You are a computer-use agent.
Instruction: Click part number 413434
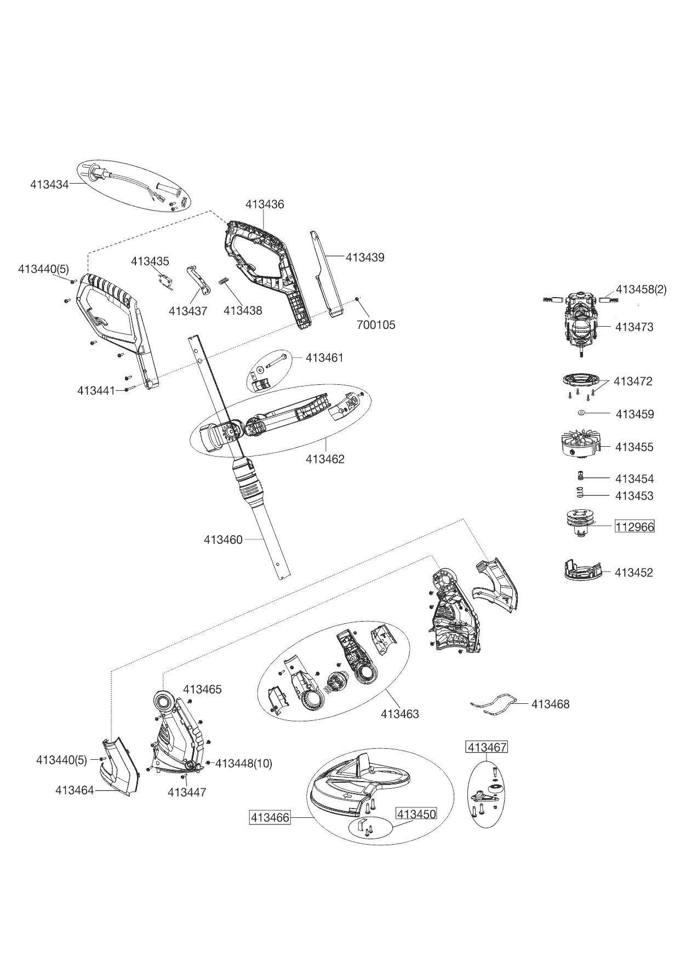(x=49, y=184)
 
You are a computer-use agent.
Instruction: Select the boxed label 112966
(x=635, y=527)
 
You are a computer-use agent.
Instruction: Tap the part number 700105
(x=376, y=325)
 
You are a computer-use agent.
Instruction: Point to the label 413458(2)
(x=641, y=289)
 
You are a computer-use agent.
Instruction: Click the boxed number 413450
(x=416, y=814)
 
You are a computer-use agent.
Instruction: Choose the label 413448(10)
(x=243, y=763)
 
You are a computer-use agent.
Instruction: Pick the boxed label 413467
(x=487, y=747)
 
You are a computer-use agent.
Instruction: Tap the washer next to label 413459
(x=582, y=412)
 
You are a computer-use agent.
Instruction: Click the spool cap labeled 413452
(x=581, y=571)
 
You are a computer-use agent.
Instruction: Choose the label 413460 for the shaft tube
(x=223, y=540)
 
